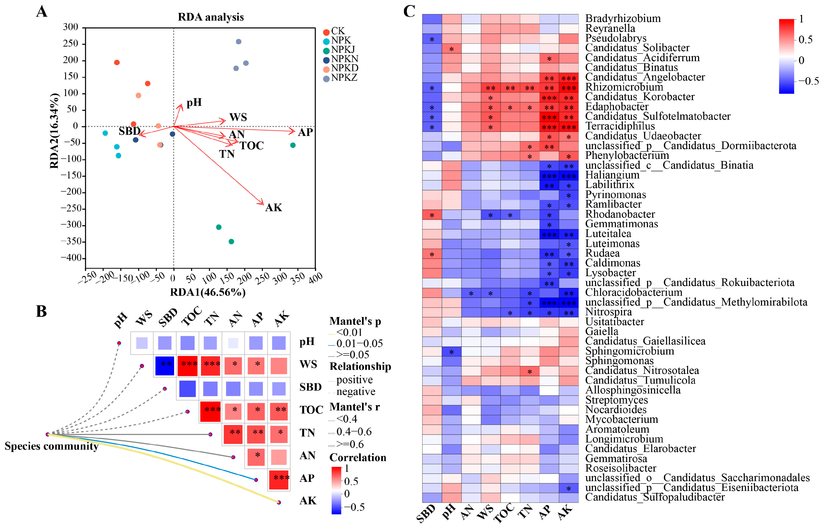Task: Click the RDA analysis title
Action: (211, 17)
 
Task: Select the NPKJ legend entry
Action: (342, 50)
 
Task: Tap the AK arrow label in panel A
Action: (273, 208)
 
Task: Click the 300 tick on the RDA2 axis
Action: (71, 27)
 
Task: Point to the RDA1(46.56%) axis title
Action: (208, 292)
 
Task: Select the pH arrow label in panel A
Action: (194, 102)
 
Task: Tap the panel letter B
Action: (41, 312)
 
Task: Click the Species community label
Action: (51, 446)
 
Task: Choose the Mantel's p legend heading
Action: (355, 321)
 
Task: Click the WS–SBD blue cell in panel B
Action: (165, 366)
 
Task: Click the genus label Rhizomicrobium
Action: (624, 87)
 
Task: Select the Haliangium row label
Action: (612, 175)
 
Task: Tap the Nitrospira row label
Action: (608, 312)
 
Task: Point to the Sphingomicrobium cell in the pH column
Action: (452, 351)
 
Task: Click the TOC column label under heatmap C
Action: (505, 512)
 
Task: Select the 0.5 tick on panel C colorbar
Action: (805, 40)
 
